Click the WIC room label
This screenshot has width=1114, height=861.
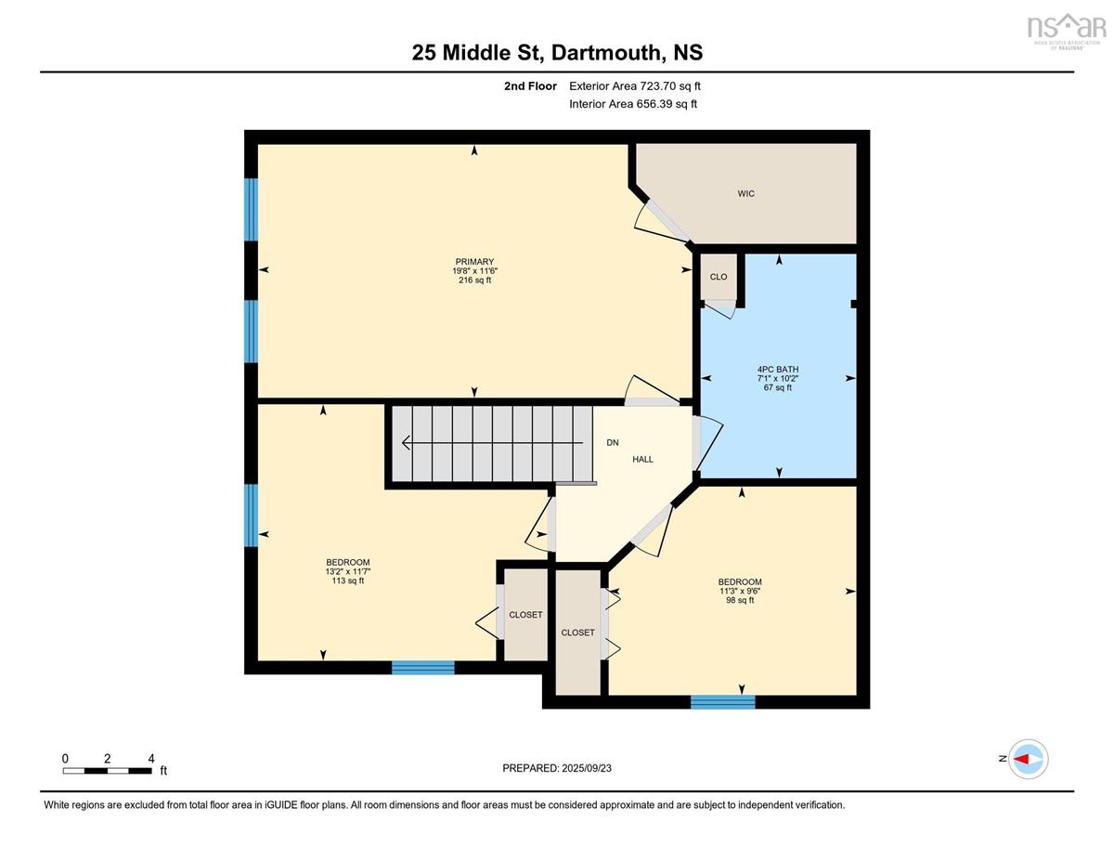(x=745, y=193)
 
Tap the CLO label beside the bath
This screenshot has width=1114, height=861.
(x=719, y=277)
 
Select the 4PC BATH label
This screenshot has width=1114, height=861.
(x=778, y=370)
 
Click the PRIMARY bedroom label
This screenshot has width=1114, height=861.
(x=474, y=262)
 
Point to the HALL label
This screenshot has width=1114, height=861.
(x=642, y=460)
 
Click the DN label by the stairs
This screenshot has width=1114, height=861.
(x=613, y=442)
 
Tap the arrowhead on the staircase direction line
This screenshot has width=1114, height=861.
(x=406, y=442)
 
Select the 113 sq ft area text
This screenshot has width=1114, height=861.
(x=348, y=581)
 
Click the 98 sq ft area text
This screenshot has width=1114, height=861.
(x=740, y=600)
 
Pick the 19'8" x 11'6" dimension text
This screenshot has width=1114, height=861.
(x=474, y=271)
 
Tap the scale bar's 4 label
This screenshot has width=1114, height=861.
(x=151, y=759)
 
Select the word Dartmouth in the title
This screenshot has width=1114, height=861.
(x=605, y=53)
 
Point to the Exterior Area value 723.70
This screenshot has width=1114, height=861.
(x=658, y=86)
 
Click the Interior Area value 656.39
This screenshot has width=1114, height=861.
(x=654, y=104)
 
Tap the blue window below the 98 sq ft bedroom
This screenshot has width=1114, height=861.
(x=723, y=701)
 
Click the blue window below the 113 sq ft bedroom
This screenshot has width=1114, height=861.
(x=423, y=667)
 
